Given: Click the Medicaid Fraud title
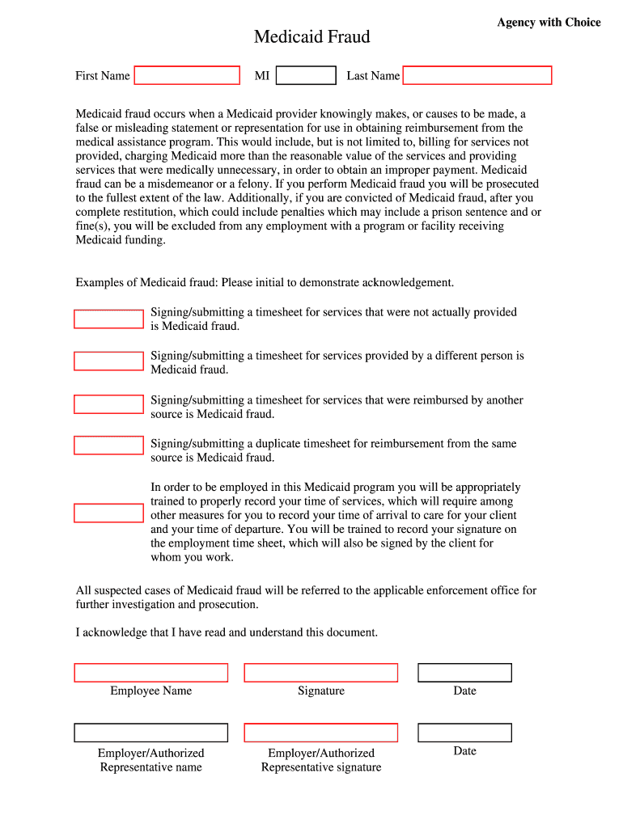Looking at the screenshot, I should [311, 37].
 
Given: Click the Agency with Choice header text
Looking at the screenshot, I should [549, 23].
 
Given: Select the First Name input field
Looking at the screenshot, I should [187, 75].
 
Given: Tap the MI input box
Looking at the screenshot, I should [306, 75].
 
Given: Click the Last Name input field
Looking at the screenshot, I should [477, 75].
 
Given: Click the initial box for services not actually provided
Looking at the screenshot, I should [108, 319].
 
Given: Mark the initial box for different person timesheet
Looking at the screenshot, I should [108, 361].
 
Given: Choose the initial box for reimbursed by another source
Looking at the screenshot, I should [108, 404].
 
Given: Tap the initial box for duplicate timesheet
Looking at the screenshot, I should [108, 446].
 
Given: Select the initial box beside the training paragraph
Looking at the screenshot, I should [108, 513].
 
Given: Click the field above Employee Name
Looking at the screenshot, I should [151, 673].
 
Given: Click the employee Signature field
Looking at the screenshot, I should [321, 673].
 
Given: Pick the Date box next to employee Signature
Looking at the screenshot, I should [464, 673].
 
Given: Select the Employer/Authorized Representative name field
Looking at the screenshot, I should [151, 733].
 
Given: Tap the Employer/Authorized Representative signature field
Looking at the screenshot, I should [321, 733].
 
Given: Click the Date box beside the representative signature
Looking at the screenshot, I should [464, 733].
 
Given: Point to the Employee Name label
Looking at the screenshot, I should [151, 691].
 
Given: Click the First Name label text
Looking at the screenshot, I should [103, 76].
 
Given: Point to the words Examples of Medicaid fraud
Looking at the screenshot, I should [146, 283].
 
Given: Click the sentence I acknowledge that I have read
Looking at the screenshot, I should [227, 632].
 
